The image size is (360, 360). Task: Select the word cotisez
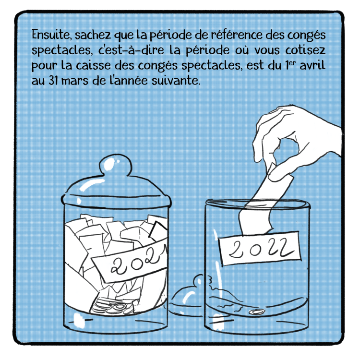(305, 50)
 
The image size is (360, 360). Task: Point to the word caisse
(93, 65)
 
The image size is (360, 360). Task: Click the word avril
(313, 65)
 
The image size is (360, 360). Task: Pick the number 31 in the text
(53, 81)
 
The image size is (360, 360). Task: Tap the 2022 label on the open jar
(259, 249)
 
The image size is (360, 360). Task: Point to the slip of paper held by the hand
(264, 202)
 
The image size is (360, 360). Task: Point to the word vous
(267, 50)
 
